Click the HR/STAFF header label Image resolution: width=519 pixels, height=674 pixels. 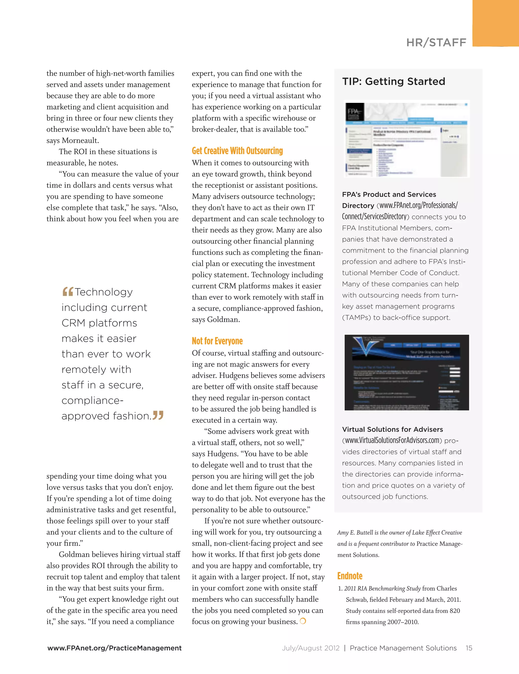tap(436, 43)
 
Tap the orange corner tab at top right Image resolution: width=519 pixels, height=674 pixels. tap(495, 23)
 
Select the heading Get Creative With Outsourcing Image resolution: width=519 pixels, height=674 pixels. tap(237, 151)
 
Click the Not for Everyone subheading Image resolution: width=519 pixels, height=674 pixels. tap(217, 341)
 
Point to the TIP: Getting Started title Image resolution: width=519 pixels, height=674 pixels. tap(393, 82)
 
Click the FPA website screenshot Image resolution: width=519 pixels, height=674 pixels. tap(406, 139)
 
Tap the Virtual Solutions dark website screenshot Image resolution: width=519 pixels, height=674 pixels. tap(406, 372)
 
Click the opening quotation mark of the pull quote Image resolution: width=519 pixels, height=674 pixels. tap(68, 291)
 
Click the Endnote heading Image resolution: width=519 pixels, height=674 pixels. tap(350, 576)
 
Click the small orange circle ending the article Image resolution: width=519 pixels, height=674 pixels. tap(303, 621)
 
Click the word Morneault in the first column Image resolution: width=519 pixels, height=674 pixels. tap(80, 141)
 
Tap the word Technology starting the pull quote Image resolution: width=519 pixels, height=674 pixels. tap(104, 292)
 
